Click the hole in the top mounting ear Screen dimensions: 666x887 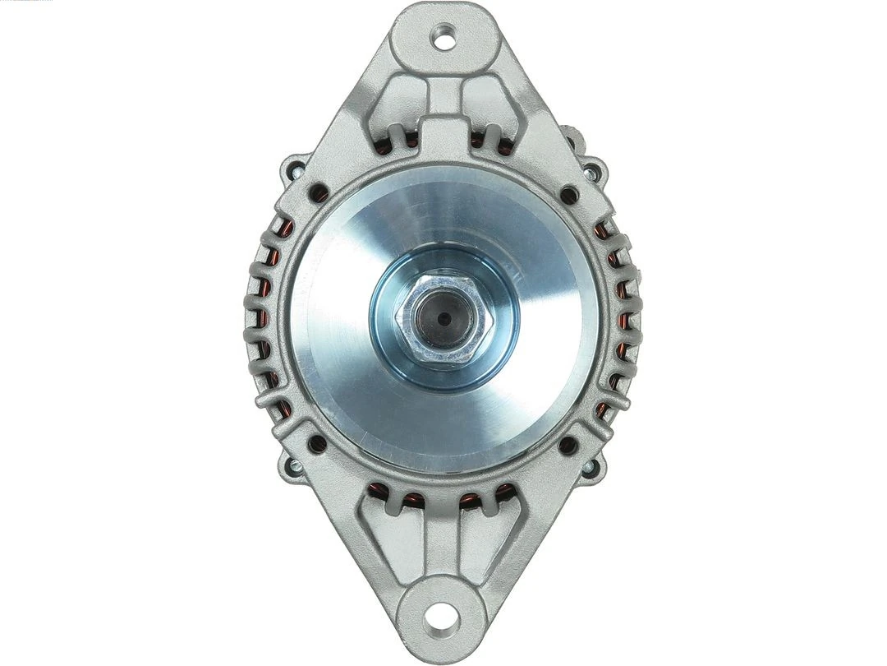pyautogui.click(x=444, y=34)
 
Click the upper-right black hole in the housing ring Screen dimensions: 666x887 pyautogui.click(x=568, y=195)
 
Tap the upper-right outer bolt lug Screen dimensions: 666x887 pyautogui.click(x=591, y=171)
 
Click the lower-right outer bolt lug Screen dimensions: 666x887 pyautogui.click(x=590, y=467)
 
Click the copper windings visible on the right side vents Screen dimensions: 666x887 pyautogui.click(x=622, y=321)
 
